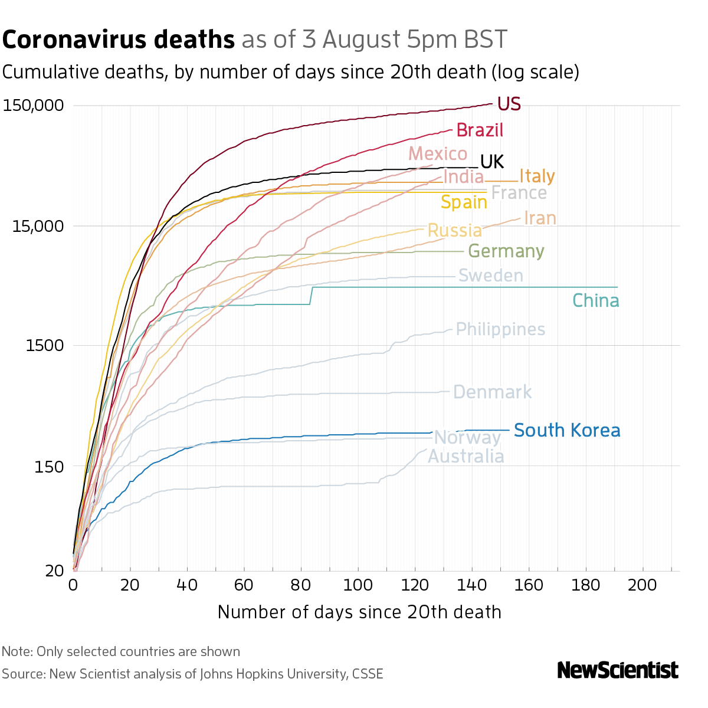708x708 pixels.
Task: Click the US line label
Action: pyautogui.click(x=509, y=104)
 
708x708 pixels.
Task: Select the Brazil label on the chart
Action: pyautogui.click(x=480, y=130)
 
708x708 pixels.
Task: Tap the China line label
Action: pyautogui.click(x=596, y=301)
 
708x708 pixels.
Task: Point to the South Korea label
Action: pyautogui.click(x=567, y=430)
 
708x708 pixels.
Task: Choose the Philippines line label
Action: pyautogui.click(x=500, y=329)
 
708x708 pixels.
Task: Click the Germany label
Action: pyautogui.click(x=506, y=251)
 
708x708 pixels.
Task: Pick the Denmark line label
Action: pyautogui.click(x=492, y=392)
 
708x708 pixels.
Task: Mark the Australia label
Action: pyautogui.click(x=466, y=457)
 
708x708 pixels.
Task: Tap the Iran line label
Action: pyautogui.click(x=540, y=218)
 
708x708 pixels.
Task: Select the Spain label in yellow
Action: pyautogui.click(x=464, y=202)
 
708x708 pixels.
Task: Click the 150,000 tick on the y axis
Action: pyautogui.click(x=33, y=106)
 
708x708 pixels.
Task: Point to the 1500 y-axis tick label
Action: pyautogui.click(x=45, y=346)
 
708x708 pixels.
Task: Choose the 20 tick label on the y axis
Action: pyautogui.click(x=54, y=571)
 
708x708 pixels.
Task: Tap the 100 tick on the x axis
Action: pyautogui.click(x=358, y=585)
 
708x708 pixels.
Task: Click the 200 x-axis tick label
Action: pyautogui.click(x=643, y=585)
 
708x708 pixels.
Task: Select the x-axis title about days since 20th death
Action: pyautogui.click(x=359, y=612)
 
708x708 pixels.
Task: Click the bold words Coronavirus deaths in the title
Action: pyautogui.click(x=119, y=40)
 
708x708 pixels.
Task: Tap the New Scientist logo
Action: pyautogui.click(x=617, y=670)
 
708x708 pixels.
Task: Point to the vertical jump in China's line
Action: pyautogui.click(x=311, y=296)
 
